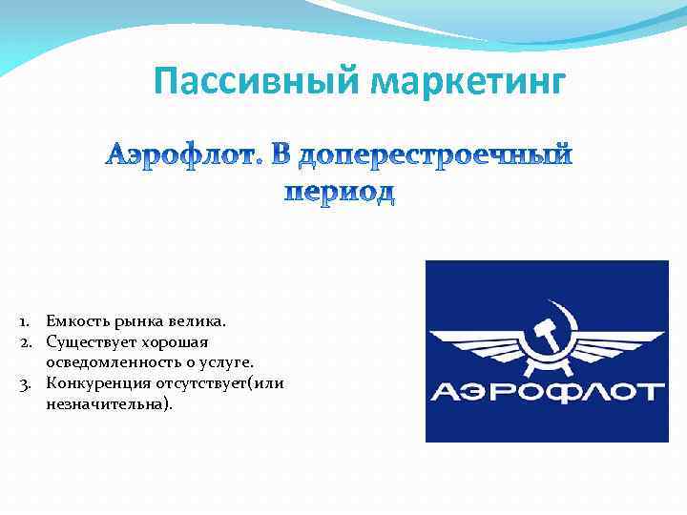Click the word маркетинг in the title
click(x=465, y=83)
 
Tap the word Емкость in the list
click(x=73, y=321)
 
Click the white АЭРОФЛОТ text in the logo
click(x=546, y=392)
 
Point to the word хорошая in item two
click(x=177, y=340)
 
